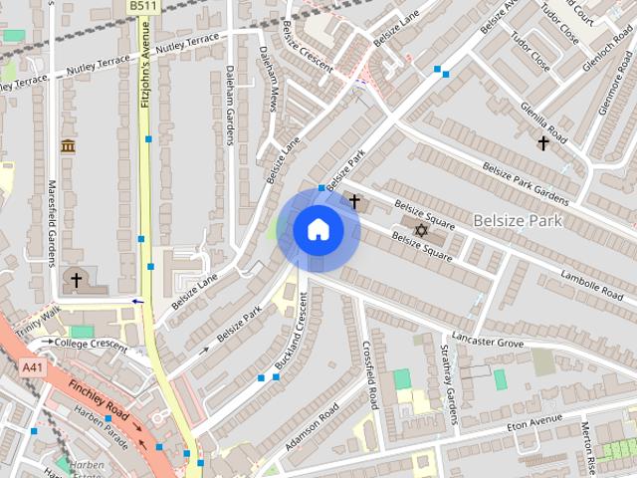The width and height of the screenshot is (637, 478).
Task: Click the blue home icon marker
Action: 318,230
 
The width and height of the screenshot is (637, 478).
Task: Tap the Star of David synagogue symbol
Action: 420,230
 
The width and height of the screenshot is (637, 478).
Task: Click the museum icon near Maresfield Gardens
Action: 68,147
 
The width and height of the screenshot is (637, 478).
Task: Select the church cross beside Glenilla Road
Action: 543,143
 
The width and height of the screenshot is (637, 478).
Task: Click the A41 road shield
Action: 32,367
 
